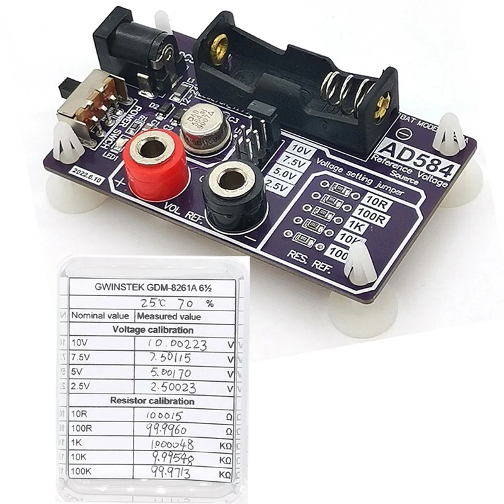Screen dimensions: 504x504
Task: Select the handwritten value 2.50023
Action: tap(171, 386)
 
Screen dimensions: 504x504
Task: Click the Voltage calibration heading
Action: tap(153, 329)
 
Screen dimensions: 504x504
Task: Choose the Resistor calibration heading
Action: tap(153, 401)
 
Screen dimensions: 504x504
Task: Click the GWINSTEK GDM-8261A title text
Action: tap(152, 287)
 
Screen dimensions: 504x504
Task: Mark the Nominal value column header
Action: tap(101, 316)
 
